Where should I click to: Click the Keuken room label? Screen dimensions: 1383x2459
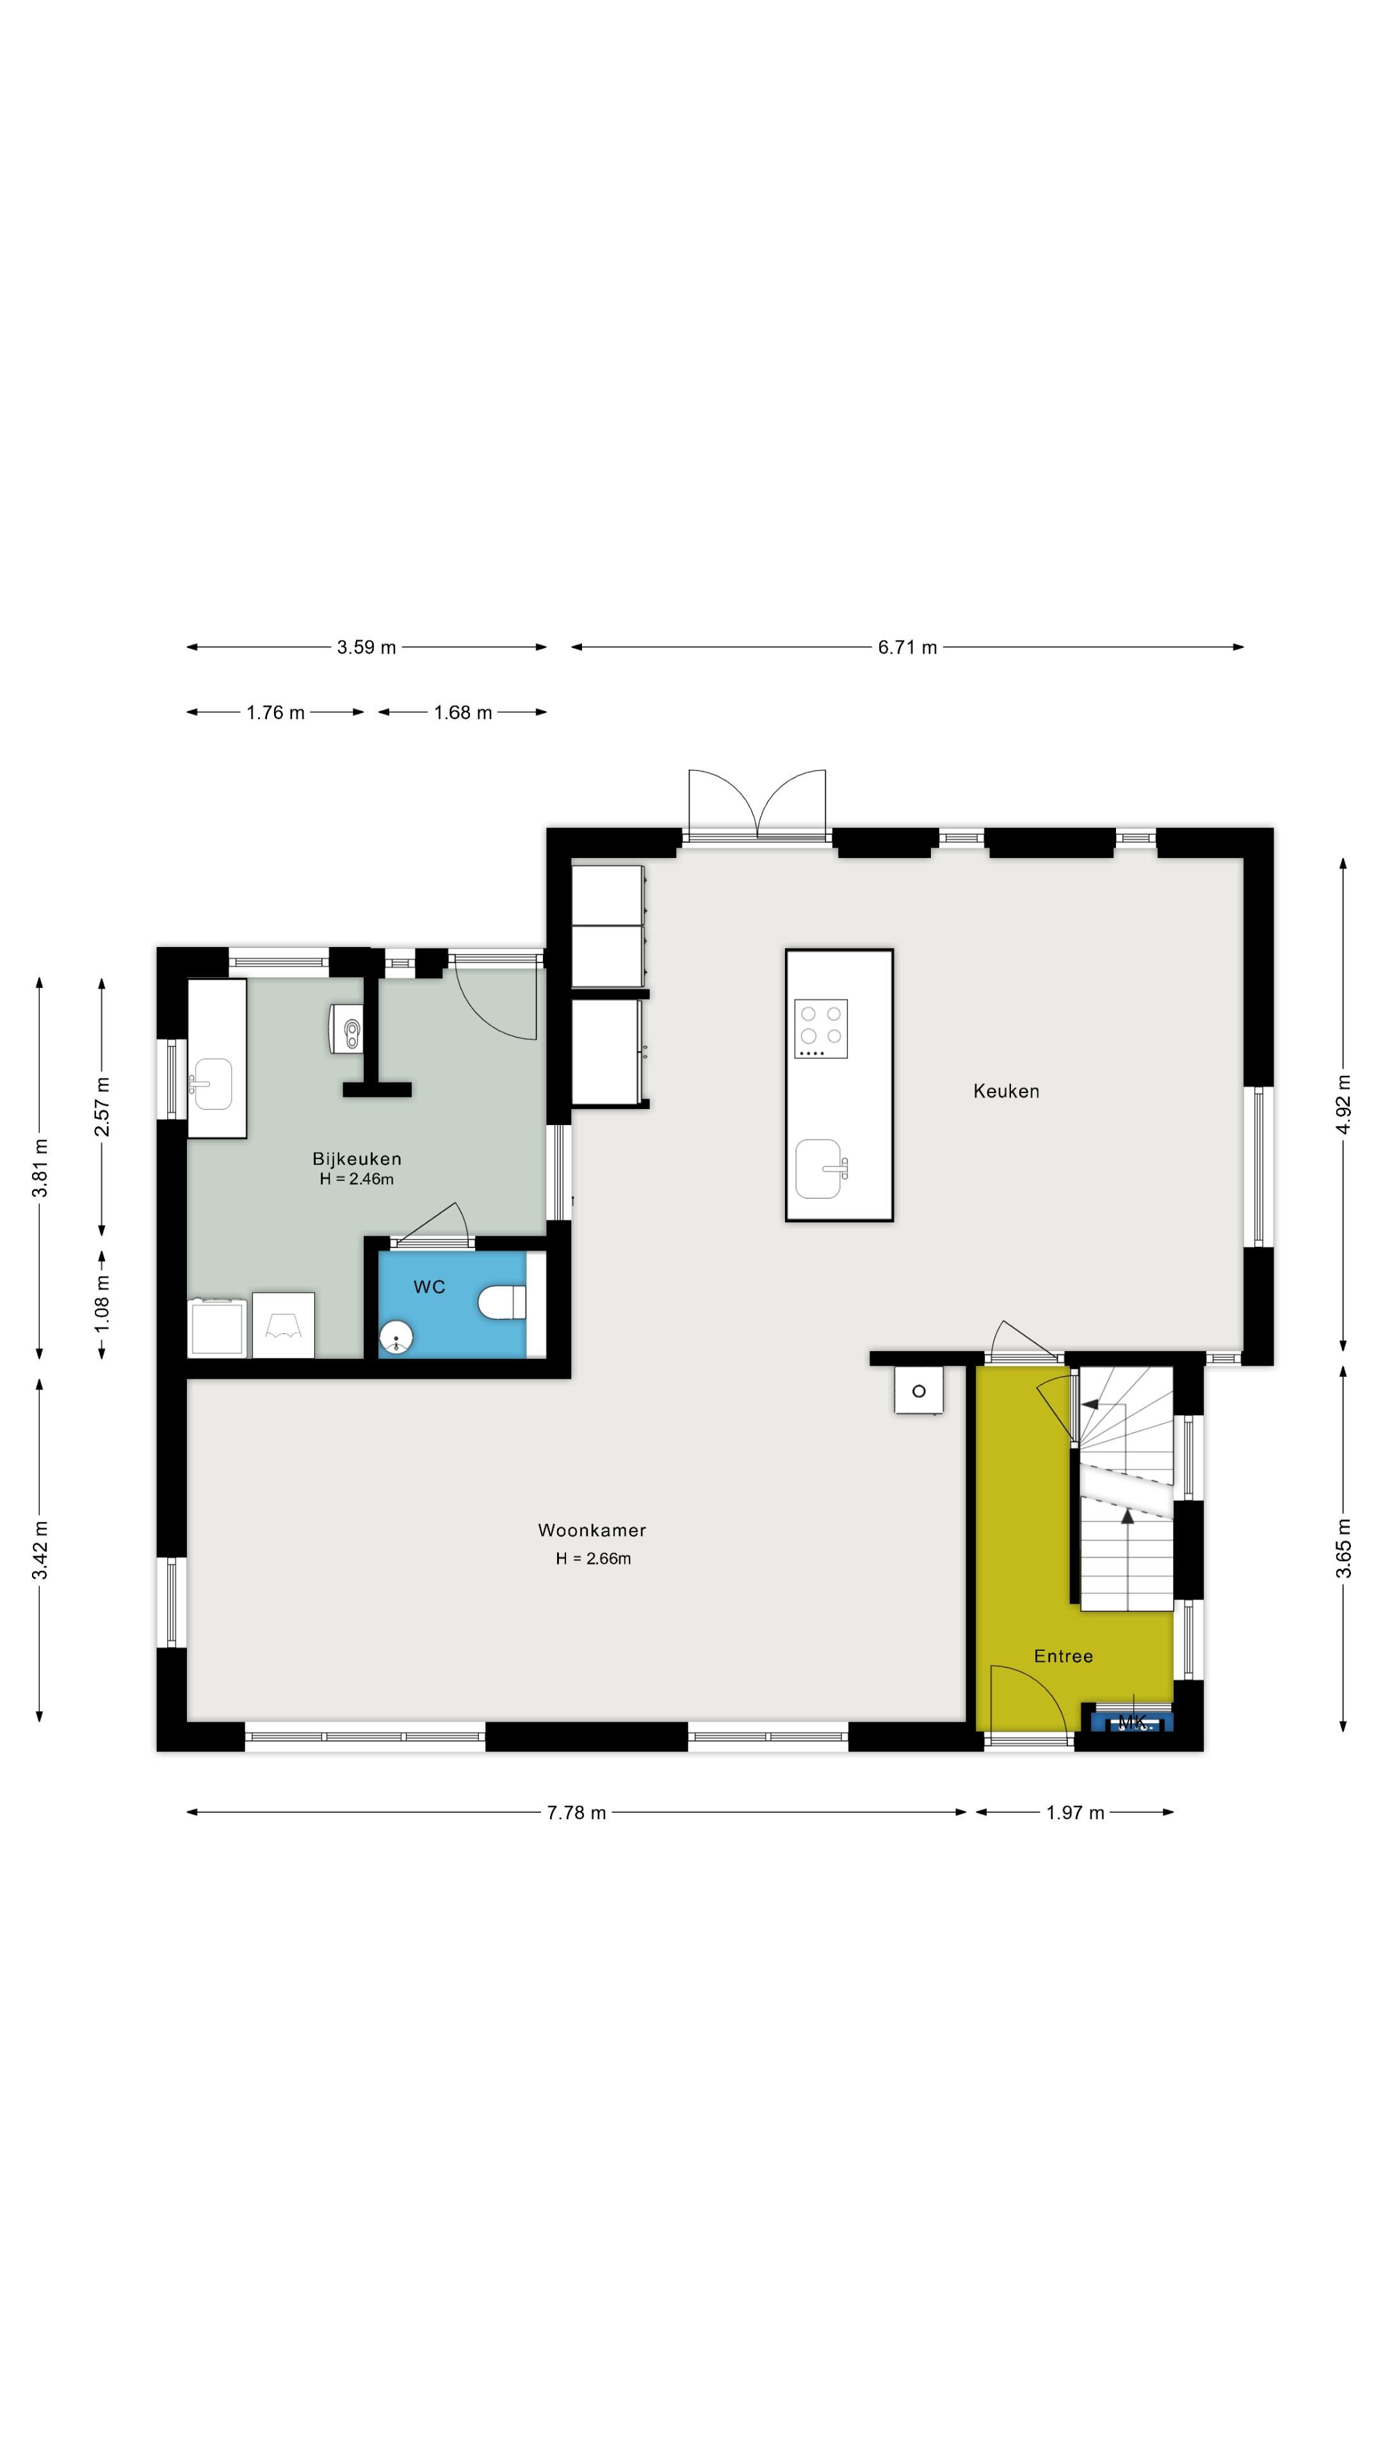tap(1006, 1091)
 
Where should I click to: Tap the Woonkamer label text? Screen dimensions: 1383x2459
tap(592, 1530)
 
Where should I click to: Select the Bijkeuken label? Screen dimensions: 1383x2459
tap(357, 1159)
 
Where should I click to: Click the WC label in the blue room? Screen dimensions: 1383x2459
tap(430, 1286)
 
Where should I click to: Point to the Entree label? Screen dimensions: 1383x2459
tap(1064, 1656)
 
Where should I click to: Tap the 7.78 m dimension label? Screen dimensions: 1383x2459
tap(576, 1813)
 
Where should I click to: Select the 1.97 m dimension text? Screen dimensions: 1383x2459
tap(1075, 1813)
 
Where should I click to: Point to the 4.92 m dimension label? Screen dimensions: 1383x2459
tap(1344, 1105)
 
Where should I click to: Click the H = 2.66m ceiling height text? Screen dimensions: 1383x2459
tap(594, 1559)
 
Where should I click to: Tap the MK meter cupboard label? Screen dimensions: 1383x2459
tap(1132, 1722)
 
